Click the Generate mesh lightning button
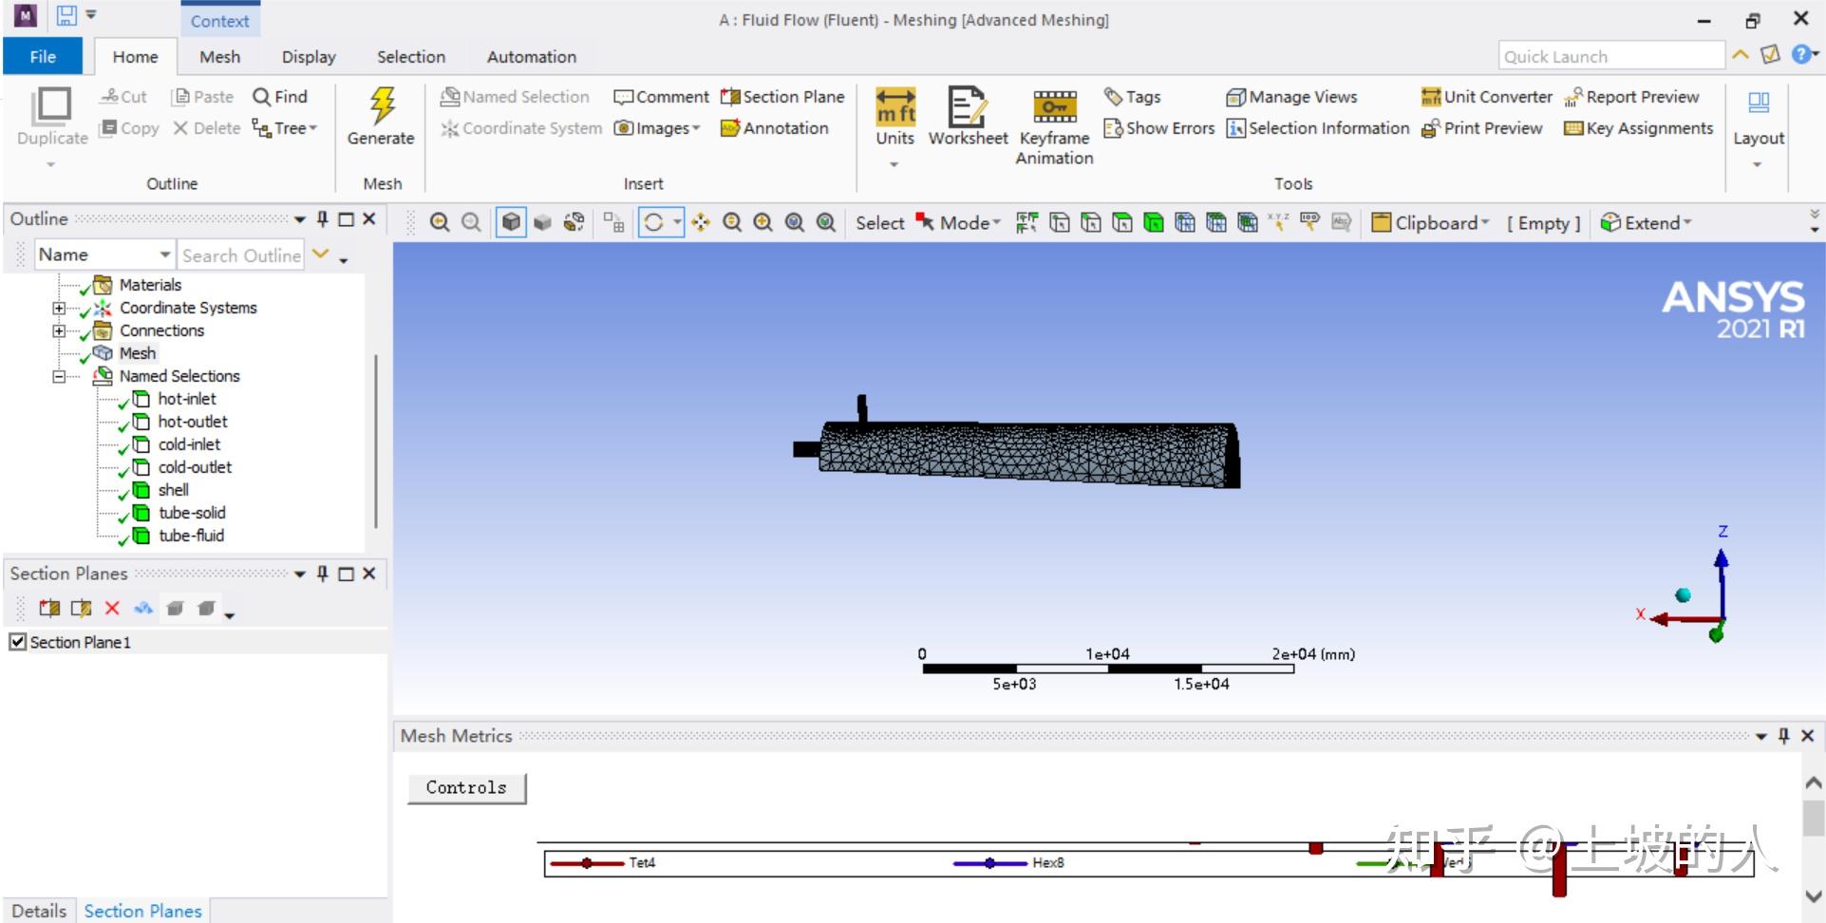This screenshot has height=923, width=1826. click(382, 115)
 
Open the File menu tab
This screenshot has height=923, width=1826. click(43, 57)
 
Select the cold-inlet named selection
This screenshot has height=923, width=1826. click(189, 444)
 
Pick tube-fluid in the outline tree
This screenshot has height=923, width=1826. click(191, 536)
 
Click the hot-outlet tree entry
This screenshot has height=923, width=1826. click(193, 422)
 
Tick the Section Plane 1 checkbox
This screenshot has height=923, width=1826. click(17, 642)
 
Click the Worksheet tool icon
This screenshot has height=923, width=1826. click(967, 115)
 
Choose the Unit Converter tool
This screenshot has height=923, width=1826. click(1487, 97)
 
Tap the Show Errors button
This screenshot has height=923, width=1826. click(1159, 128)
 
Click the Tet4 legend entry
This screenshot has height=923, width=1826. click(641, 863)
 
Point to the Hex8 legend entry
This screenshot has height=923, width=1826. click(1047, 863)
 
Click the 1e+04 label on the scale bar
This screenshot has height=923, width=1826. click(1107, 654)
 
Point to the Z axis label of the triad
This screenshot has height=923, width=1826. click(1722, 532)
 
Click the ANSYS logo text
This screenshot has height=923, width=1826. click(1733, 298)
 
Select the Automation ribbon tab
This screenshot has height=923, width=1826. click(531, 57)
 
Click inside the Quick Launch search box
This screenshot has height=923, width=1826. click(1610, 57)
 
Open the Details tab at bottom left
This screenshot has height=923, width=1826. click(39, 911)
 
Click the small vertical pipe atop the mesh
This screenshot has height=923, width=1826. click(862, 408)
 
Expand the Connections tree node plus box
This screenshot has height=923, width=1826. click(59, 330)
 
